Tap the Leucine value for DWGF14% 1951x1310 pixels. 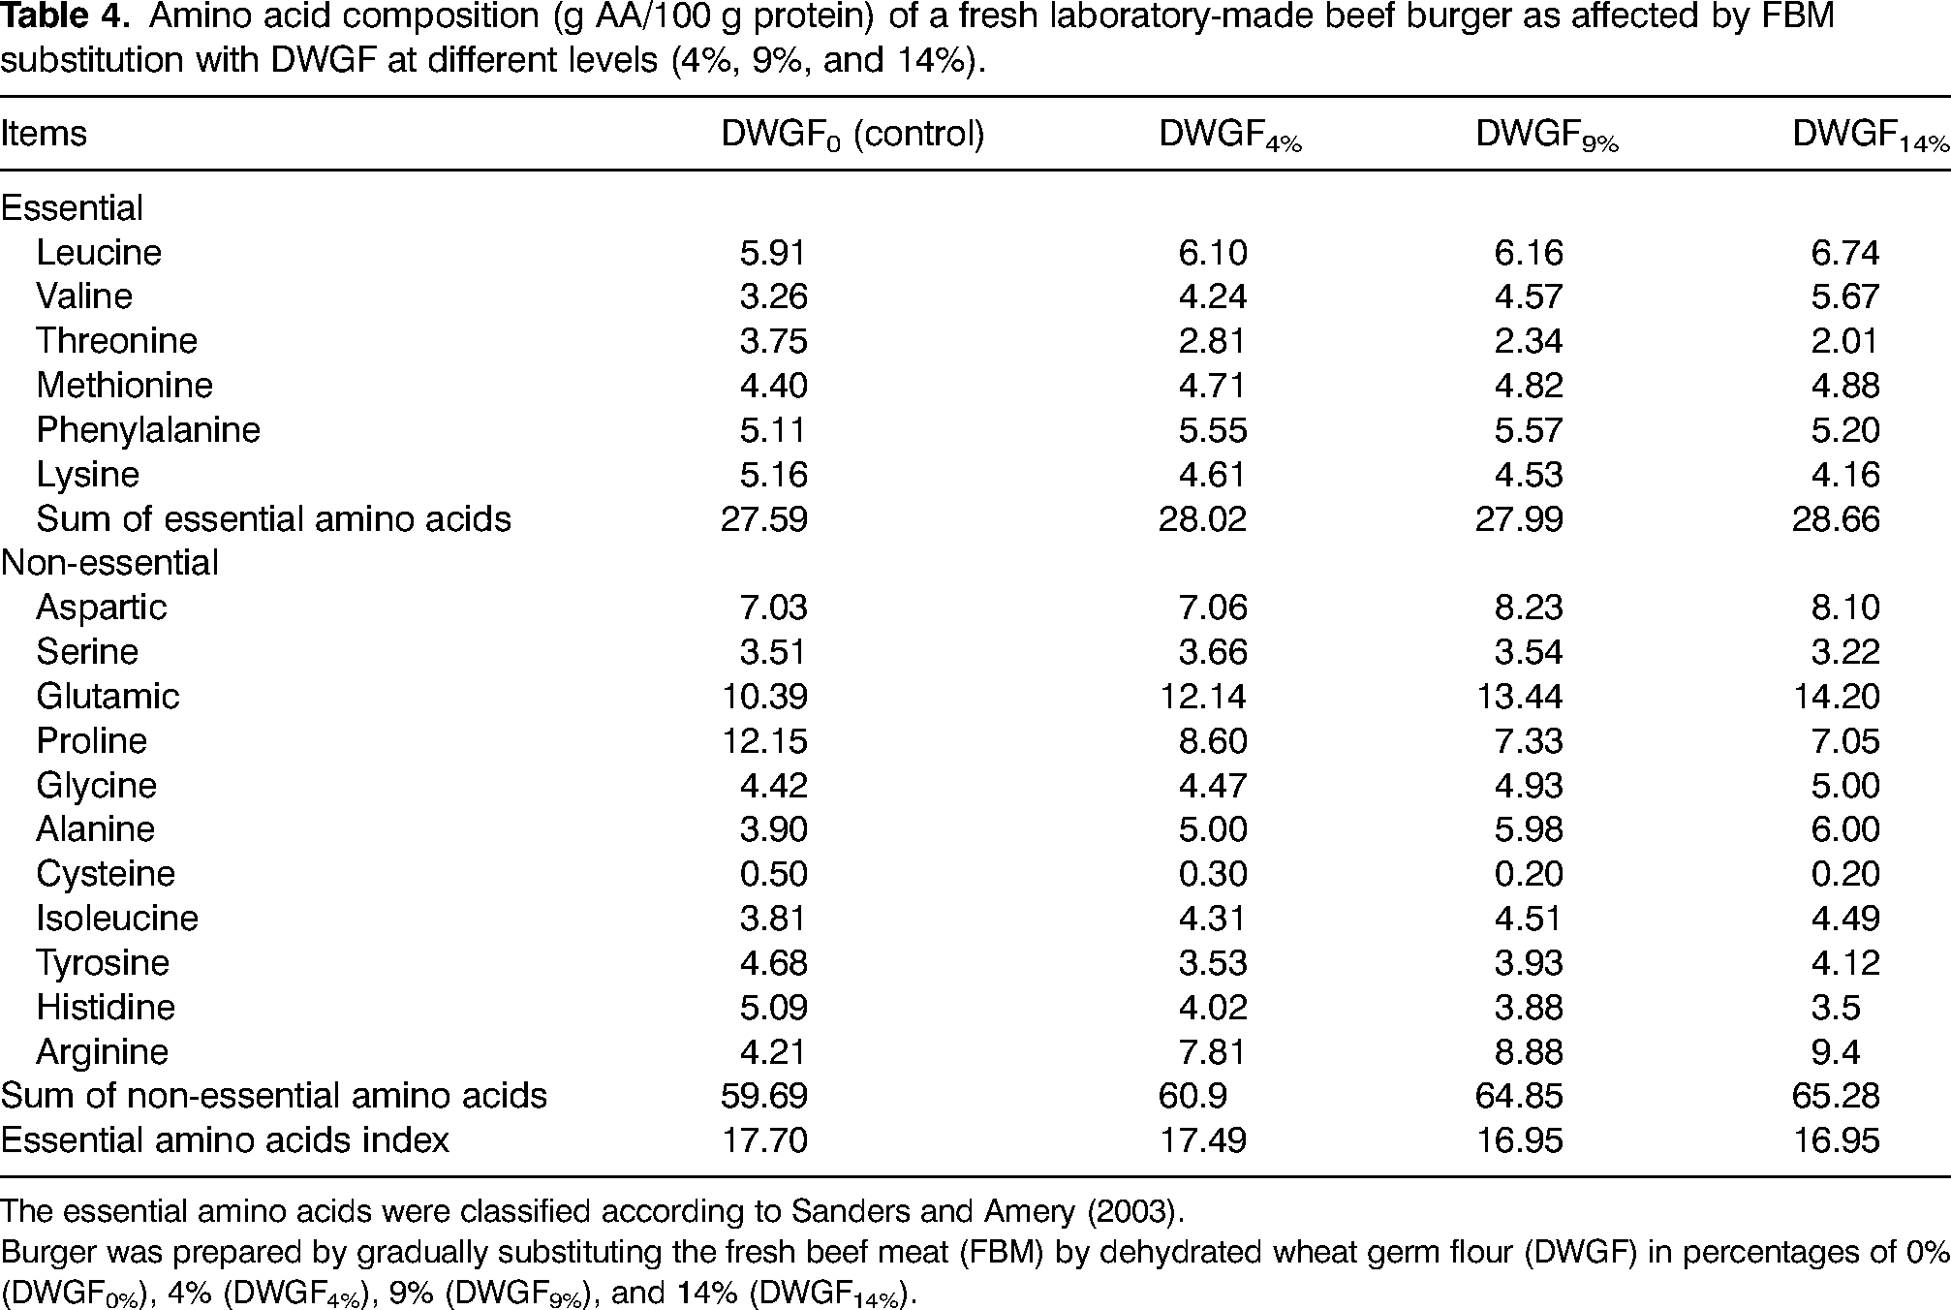tap(1845, 253)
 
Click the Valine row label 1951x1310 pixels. tap(84, 296)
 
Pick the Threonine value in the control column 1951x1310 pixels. tap(773, 341)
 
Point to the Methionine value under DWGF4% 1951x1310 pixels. tap(1212, 386)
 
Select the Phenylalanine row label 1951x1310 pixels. tap(148, 430)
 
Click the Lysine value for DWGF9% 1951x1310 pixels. tap(1529, 475)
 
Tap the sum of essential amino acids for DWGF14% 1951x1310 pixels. tap(1836, 519)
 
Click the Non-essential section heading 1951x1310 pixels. tap(109, 563)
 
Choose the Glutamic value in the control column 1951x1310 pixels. tap(763, 697)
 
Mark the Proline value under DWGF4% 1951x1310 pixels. tap(1212, 741)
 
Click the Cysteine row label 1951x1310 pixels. tap(106, 874)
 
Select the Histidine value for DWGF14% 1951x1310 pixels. tap(1836, 1008)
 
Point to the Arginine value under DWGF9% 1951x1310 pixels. tap(1529, 1052)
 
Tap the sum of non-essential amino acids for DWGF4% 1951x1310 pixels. tap(1192, 1097)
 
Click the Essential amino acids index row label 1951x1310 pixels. tap(225, 1140)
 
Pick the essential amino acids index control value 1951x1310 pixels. tap(763, 1141)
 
